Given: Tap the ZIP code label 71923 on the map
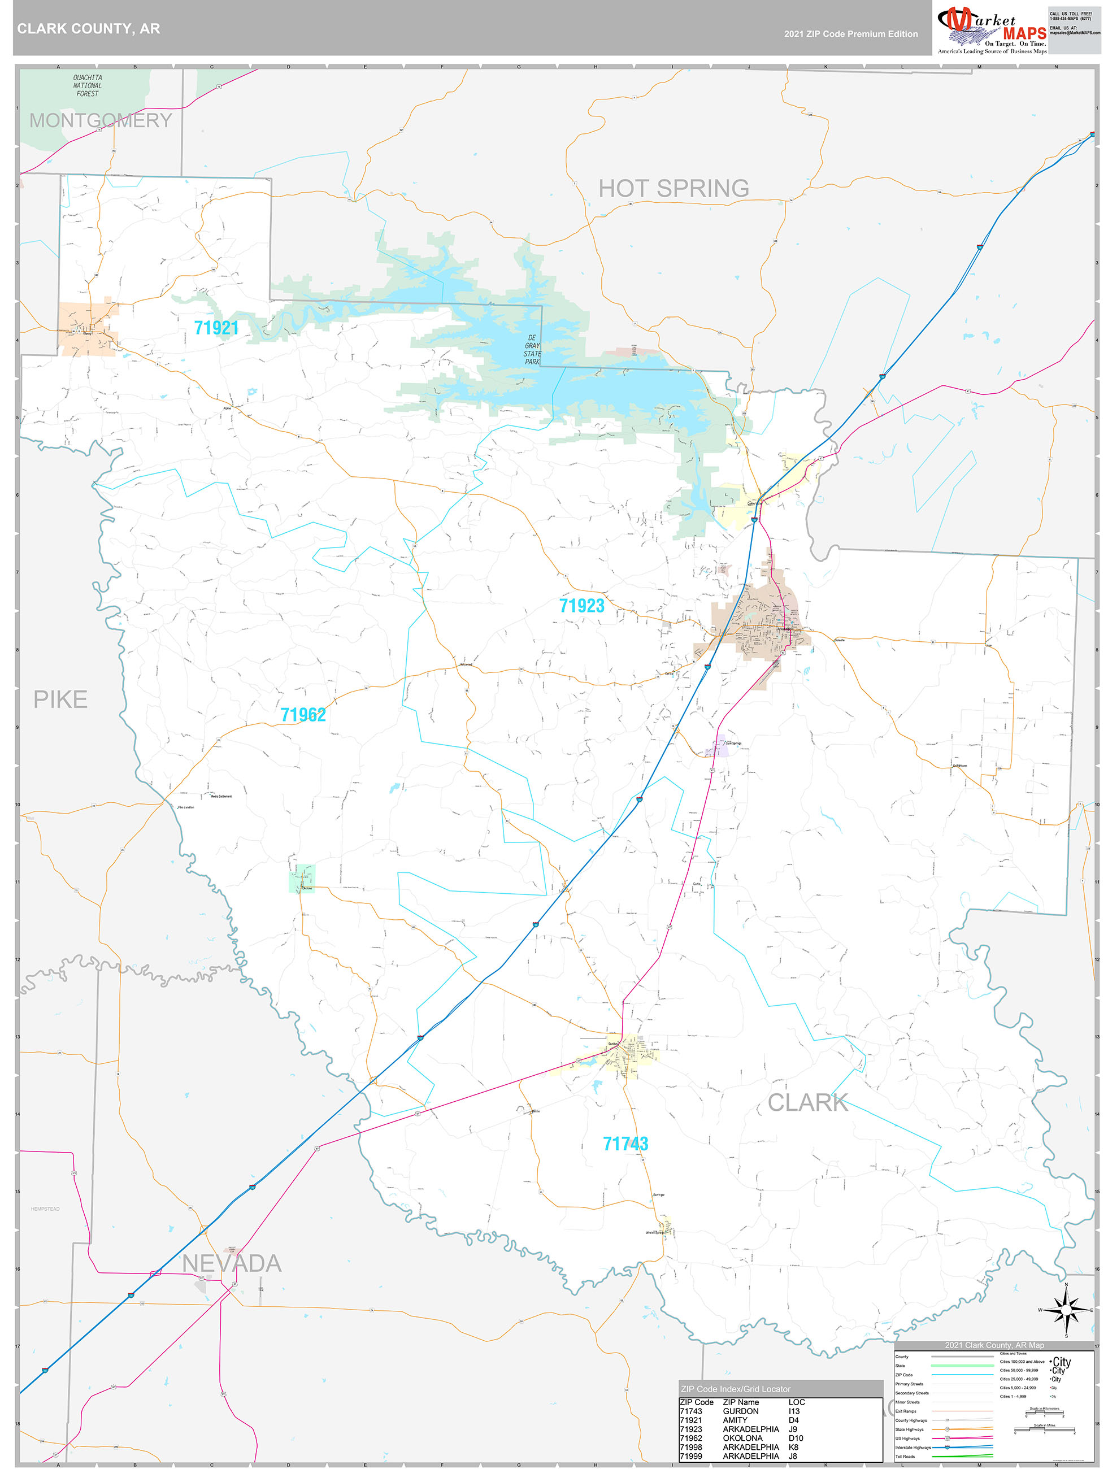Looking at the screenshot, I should coord(581,606).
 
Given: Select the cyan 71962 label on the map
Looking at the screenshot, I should coord(303,715).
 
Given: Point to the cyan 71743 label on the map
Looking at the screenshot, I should coord(625,1144).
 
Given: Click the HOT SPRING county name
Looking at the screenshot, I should coord(674,189).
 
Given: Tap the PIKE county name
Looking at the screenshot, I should coord(60,699).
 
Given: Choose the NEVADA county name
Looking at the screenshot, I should coord(232,1264).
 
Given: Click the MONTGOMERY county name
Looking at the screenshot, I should coord(101,120).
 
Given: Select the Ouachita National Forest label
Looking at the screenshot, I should coord(87,86).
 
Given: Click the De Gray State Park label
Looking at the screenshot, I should coord(532,350).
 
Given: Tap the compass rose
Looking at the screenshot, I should coord(1066,1310).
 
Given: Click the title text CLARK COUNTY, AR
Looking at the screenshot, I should coord(88,29).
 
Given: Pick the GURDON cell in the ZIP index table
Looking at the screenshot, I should coord(741,1411).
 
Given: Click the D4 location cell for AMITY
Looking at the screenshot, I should coord(793,1420).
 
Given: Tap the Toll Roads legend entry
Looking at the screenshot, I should coord(905,1457).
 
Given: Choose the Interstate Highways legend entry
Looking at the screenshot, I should coord(913,1447).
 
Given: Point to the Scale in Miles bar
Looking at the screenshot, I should coord(1044,1431).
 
